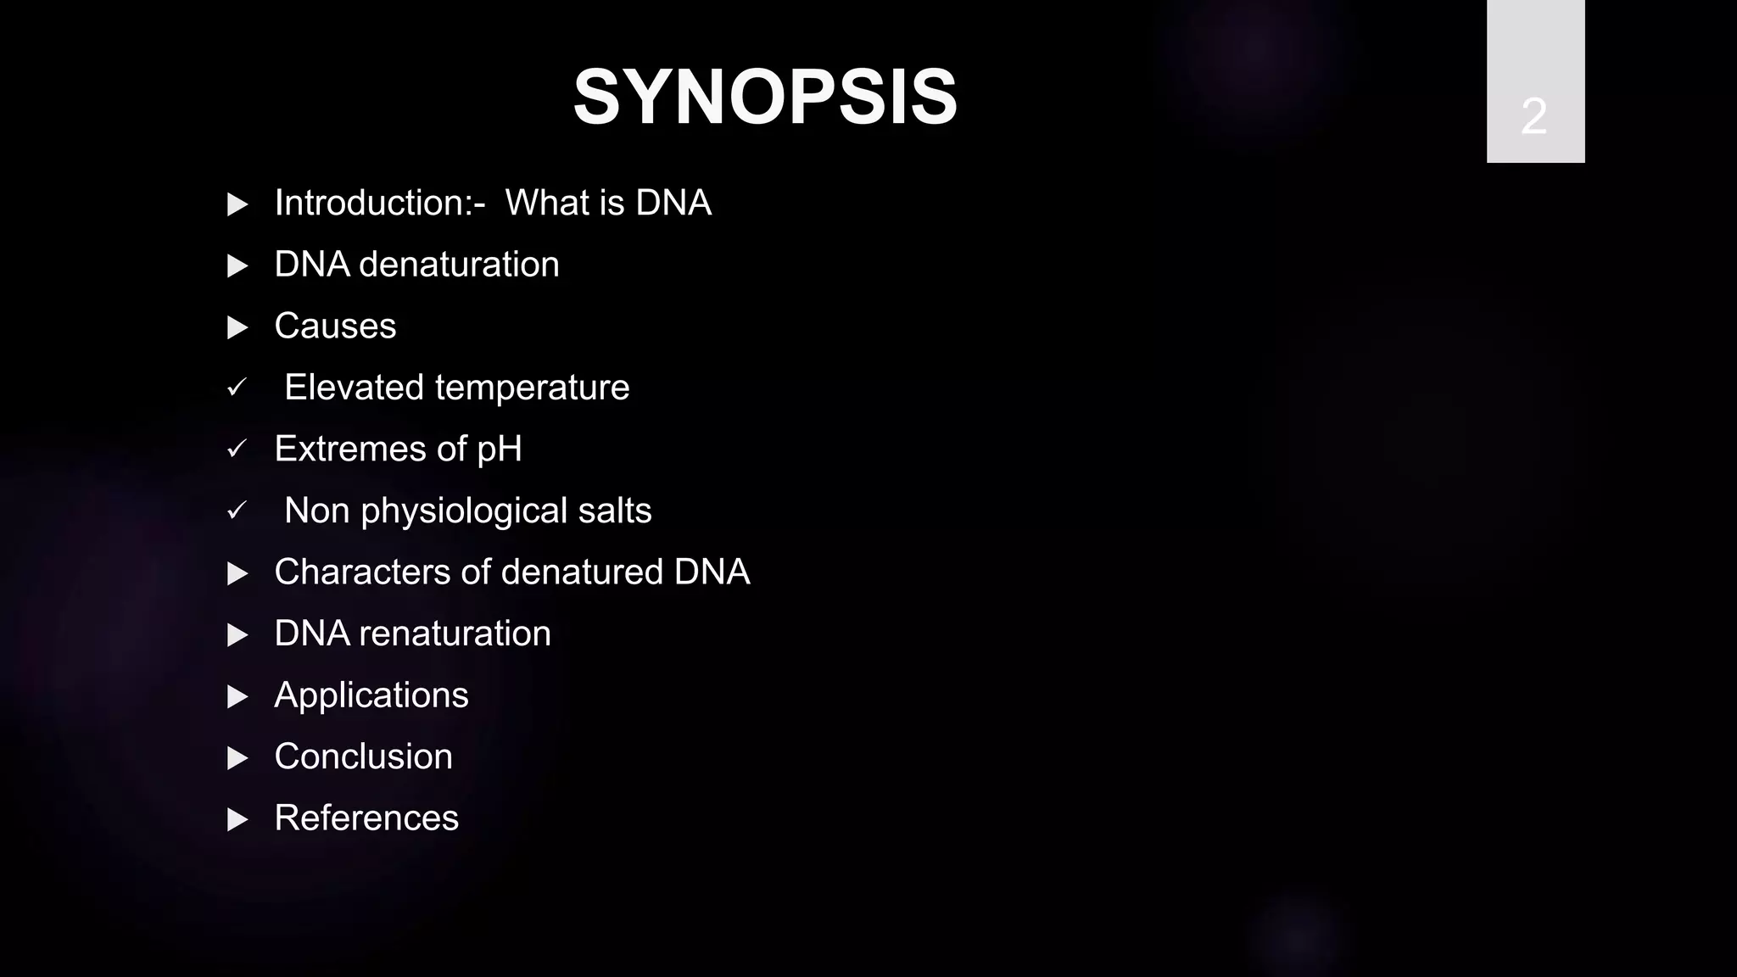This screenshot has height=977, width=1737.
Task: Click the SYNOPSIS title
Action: point(765,98)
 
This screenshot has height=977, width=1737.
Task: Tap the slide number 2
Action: point(1533,116)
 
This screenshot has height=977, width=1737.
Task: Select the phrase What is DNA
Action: point(608,204)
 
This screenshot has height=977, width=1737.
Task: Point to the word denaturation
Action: point(459,265)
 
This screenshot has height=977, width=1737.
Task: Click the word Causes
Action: point(335,327)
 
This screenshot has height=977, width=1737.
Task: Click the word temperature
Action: point(532,388)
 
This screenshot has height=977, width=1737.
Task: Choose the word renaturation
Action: point(455,634)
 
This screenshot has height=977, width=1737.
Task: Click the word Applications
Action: point(371,696)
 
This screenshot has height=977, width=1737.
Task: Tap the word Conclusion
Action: point(363,756)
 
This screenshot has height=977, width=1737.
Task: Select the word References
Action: point(366,818)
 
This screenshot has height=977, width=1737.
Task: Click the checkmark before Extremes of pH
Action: point(237,449)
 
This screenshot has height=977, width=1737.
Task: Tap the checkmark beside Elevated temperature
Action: point(237,388)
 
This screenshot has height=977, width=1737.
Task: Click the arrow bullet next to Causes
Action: point(237,327)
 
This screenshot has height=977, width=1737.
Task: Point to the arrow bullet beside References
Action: point(237,819)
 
